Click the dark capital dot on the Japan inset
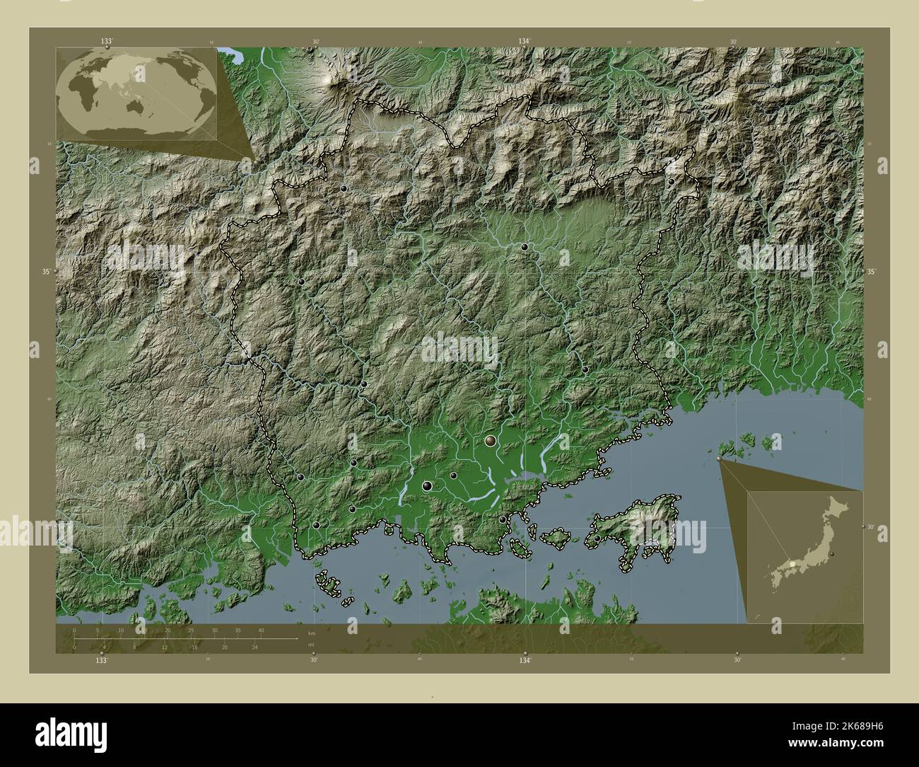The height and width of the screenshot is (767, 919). (x=832, y=553)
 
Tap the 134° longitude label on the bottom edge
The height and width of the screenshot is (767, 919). (x=524, y=660)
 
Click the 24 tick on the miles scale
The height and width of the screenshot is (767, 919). (x=254, y=647)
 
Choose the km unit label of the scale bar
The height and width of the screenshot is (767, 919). (x=311, y=633)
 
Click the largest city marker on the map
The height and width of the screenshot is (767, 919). (x=490, y=442)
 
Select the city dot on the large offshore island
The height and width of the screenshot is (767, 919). (x=597, y=538)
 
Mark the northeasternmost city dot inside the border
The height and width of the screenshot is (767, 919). (x=671, y=181)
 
